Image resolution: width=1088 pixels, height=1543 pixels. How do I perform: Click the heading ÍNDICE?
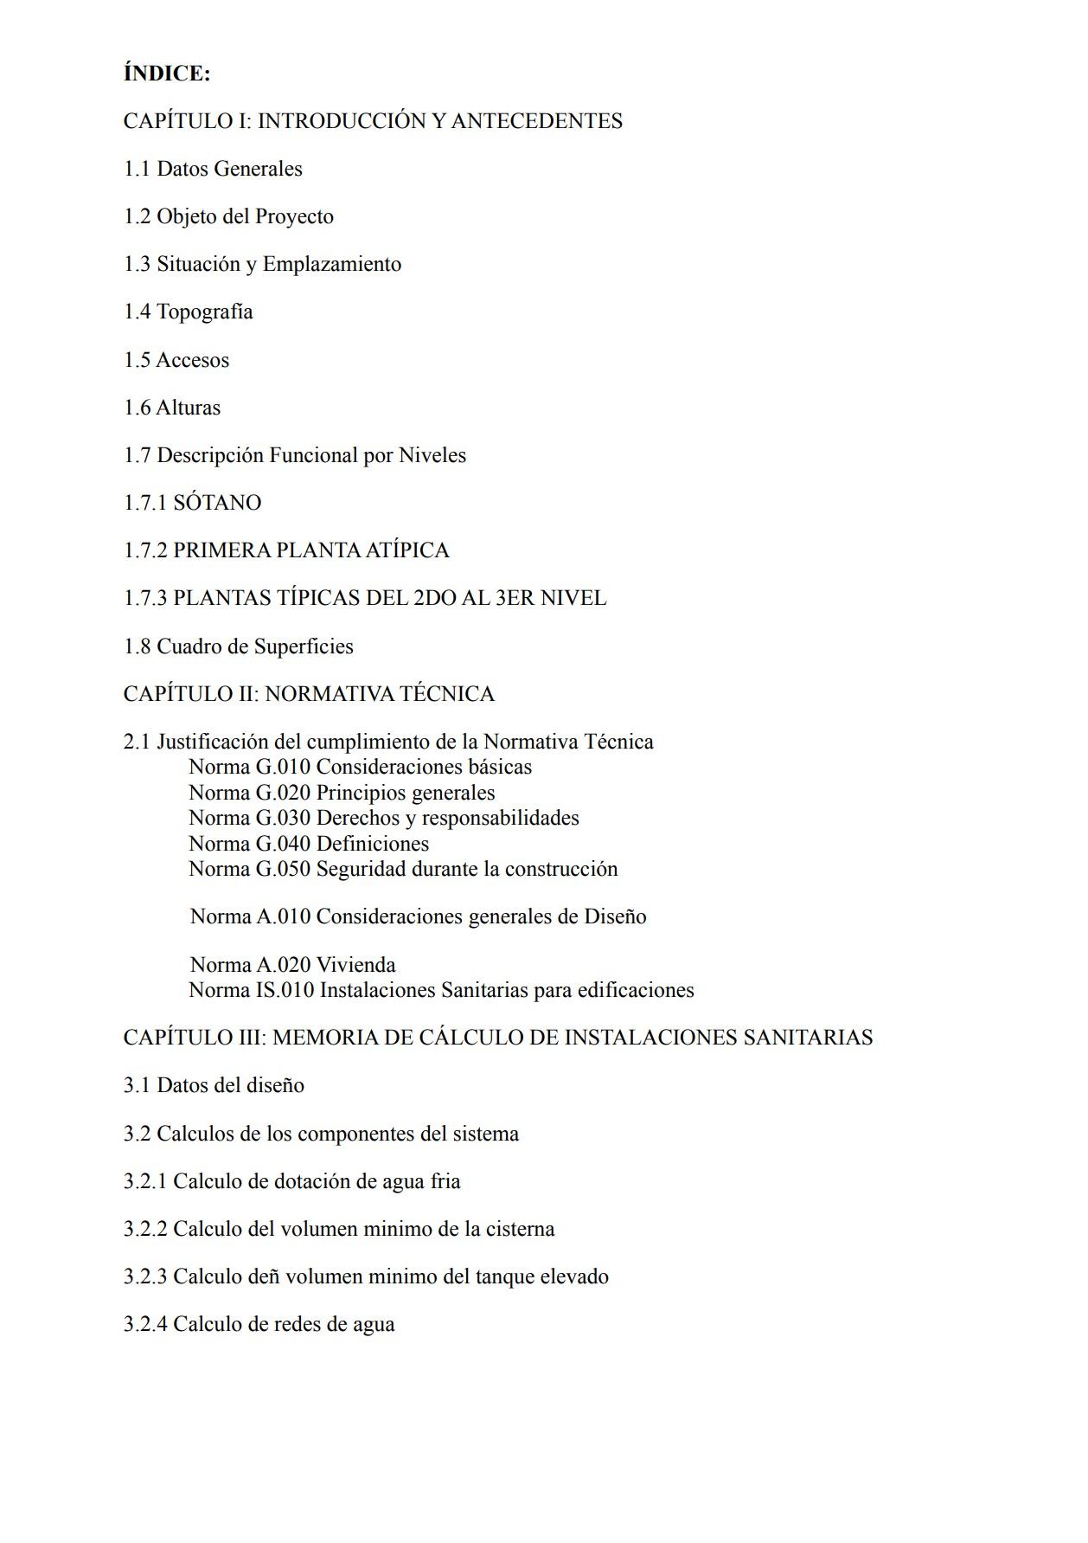167,74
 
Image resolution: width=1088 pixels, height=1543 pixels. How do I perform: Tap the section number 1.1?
137,169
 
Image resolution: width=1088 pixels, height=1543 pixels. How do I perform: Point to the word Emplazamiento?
332,264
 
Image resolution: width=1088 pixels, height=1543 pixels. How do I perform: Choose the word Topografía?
205,312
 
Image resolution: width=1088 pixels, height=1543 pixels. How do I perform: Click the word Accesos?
193,360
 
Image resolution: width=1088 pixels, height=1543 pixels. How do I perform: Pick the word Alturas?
189,408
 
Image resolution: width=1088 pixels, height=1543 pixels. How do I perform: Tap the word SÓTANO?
217,503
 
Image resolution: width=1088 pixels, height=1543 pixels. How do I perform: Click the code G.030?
283,818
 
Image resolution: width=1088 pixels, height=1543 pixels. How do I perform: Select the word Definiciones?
373,844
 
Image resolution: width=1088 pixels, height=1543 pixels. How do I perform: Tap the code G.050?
283,869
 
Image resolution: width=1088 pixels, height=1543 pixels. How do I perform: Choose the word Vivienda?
355,965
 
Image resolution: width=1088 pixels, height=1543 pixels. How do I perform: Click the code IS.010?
285,990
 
